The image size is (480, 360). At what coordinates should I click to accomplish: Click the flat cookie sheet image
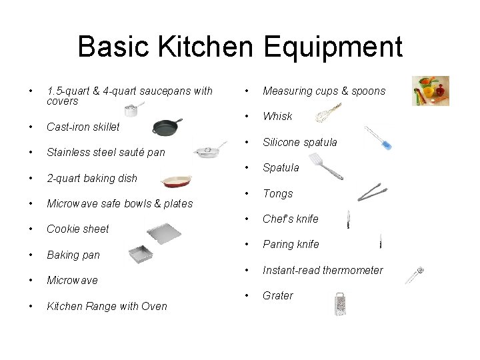pos(163,233)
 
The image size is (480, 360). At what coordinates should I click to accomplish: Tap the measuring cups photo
pos(430,91)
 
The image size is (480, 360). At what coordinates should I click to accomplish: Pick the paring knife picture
pos(380,241)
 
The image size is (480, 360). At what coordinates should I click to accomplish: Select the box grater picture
pos(339,305)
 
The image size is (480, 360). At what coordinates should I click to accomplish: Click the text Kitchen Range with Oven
pos(107,306)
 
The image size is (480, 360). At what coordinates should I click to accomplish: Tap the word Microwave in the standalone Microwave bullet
pos(72,280)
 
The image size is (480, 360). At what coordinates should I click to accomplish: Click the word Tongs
pos(277,193)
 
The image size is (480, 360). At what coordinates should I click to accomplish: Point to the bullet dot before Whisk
pos(247,116)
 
